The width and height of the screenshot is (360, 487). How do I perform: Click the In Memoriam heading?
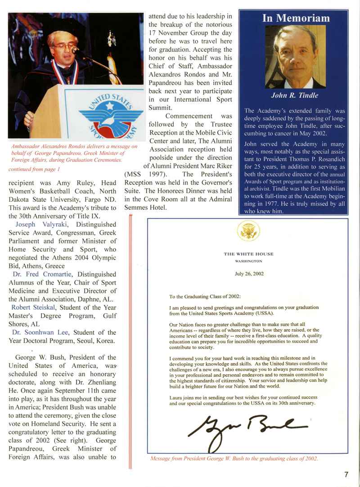tap(296, 18)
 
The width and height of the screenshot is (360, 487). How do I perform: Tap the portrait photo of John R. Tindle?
tap(296, 56)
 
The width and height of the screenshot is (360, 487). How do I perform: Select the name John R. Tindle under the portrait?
tap(295, 95)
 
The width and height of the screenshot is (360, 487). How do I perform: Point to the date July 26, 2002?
tap(248, 273)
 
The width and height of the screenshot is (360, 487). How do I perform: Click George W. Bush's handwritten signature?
tap(247, 426)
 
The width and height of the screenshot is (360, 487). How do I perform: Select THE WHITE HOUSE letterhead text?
tap(248, 254)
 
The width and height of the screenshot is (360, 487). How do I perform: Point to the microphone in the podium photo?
tap(76, 50)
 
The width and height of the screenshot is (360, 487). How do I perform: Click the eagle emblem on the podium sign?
tap(105, 114)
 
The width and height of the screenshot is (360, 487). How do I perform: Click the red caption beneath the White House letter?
tap(234, 459)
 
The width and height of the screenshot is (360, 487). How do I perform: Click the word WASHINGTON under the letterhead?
tap(248, 261)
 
